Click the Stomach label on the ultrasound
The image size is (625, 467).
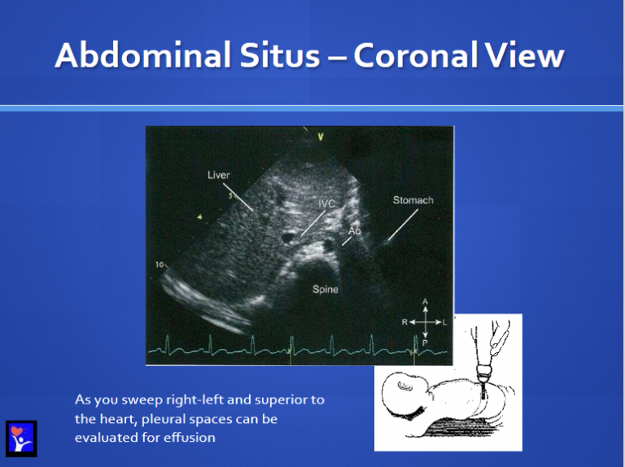(413, 200)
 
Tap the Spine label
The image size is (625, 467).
(326, 289)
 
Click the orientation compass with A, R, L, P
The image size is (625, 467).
(424, 322)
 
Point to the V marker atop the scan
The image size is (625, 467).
(321, 137)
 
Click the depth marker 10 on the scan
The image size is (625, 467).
(159, 264)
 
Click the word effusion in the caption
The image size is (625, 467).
(193, 437)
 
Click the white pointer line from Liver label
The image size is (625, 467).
(238, 197)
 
